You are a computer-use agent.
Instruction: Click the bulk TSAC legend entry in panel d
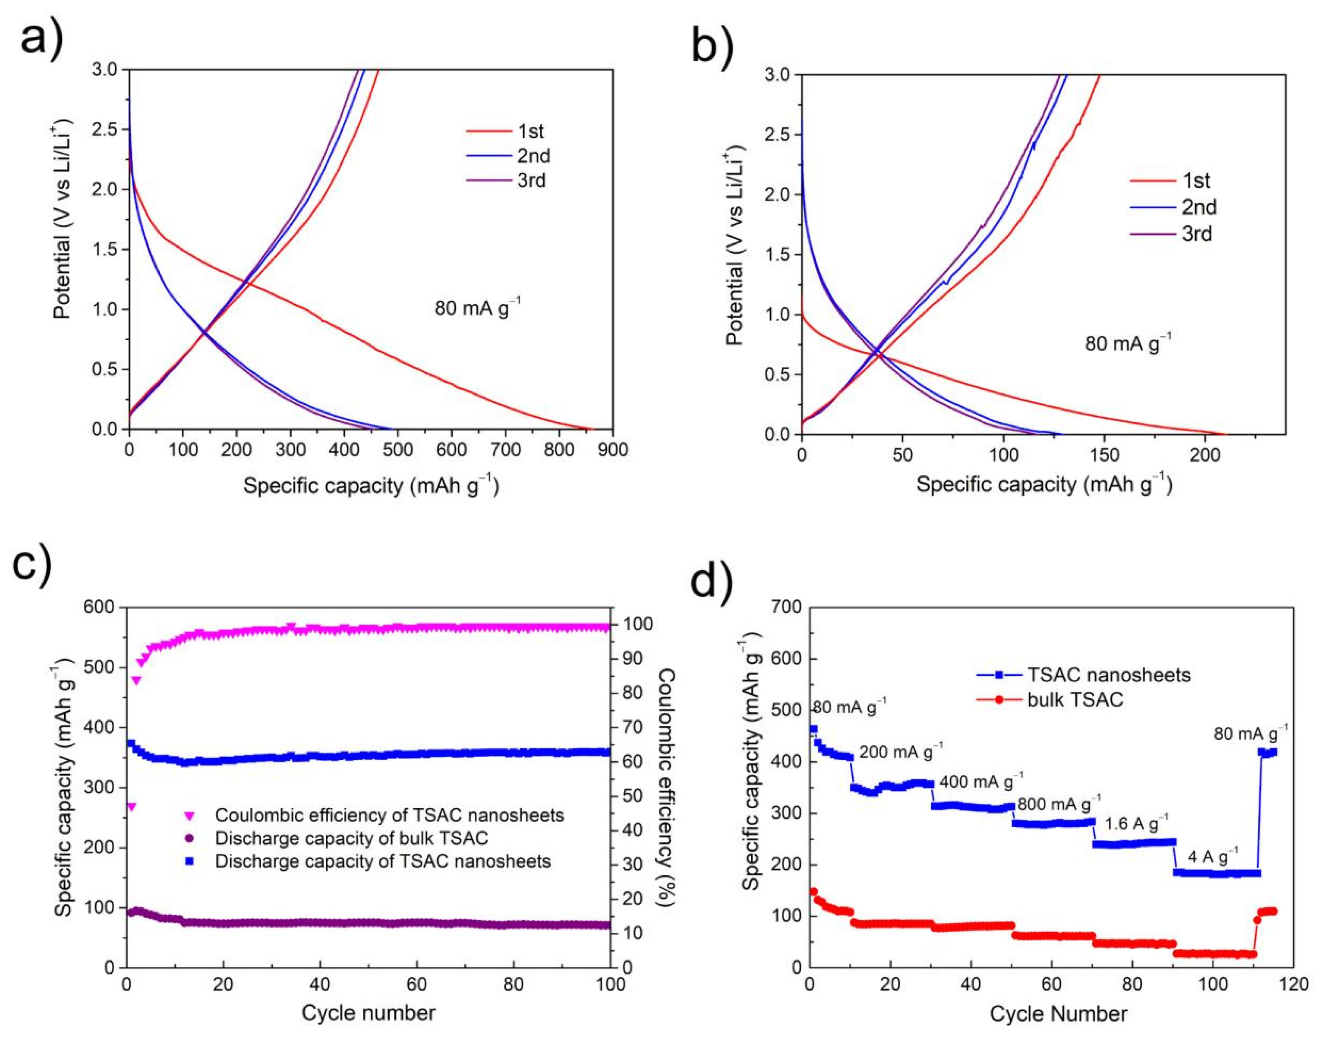[1075, 700]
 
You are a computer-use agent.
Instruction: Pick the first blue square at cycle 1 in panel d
[813, 729]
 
